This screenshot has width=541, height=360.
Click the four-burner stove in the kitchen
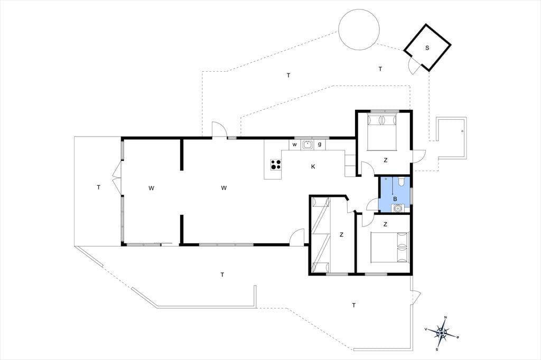(x=275, y=165)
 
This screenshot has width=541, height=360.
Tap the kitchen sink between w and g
(x=307, y=145)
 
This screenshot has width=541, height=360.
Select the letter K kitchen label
(x=313, y=167)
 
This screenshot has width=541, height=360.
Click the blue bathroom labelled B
(x=395, y=194)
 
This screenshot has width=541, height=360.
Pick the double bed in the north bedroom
(x=382, y=132)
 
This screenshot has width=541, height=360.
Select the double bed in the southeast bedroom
(x=390, y=247)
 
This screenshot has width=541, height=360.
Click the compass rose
(x=442, y=333)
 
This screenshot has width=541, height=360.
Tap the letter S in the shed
(x=427, y=48)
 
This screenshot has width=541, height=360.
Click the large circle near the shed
(x=359, y=30)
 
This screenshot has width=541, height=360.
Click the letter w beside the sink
(x=295, y=145)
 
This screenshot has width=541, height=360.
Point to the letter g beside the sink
(x=320, y=145)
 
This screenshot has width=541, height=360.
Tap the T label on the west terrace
(x=99, y=187)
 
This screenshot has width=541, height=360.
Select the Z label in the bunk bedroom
(x=342, y=235)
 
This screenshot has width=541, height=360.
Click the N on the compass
(x=445, y=318)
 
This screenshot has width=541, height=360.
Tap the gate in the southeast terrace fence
(x=416, y=296)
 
